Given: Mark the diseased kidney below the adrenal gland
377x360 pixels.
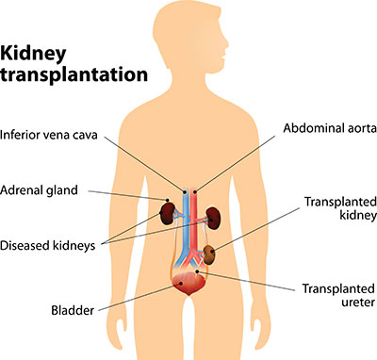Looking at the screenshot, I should [x=169, y=212].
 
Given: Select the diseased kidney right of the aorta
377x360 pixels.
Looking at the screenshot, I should [x=213, y=213].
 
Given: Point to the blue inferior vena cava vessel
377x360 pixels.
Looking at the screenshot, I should [x=184, y=217].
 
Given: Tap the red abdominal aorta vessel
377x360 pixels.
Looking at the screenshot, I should [x=193, y=217].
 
